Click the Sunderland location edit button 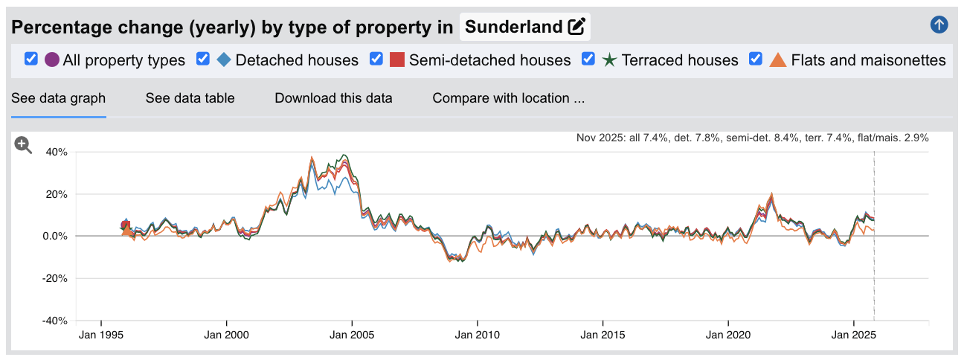(x=576, y=28)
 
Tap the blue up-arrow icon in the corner (x=939, y=25)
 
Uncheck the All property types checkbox (x=31, y=59)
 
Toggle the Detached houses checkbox (x=203, y=59)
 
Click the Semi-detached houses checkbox (x=376, y=59)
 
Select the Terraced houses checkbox (x=588, y=59)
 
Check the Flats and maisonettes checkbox (x=756, y=59)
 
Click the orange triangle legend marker (x=777, y=60)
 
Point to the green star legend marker (x=609, y=60)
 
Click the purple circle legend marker (x=52, y=60)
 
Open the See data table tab (x=190, y=98)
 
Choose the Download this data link (x=333, y=98)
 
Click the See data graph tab (x=58, y=98)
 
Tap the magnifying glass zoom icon (x=24, y=146)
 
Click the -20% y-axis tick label (x=54, y=279)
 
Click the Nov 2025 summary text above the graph (x=752, y=138)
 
